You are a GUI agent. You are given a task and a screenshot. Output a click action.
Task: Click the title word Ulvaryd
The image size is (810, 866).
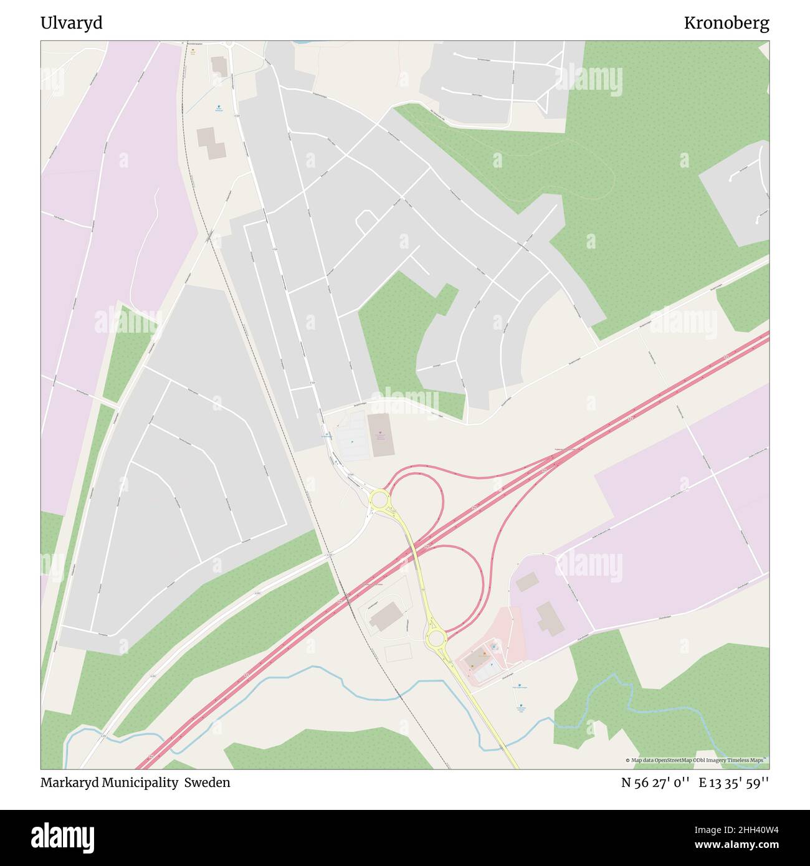click(x=71, y=23)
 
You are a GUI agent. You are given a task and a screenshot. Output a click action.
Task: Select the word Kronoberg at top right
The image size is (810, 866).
click(x=726, y=23)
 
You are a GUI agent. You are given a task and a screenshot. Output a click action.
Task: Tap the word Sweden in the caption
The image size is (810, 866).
click(x=209, y=783)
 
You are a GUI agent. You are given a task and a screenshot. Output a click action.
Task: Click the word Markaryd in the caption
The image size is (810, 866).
click(x=70, y=783)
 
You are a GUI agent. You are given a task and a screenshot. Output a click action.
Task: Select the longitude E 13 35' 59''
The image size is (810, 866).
click(x=733, y=783)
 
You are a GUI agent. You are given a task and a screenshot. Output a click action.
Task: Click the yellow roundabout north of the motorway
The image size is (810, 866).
click(x=379, y=498)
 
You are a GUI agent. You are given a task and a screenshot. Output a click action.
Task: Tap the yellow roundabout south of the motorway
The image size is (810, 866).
click(x=436, y=637)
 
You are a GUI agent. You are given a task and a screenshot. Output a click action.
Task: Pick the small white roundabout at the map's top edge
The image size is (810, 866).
click(x=229, y=44)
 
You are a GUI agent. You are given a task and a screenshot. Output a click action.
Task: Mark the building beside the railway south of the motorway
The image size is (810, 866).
click(x=385, y=615)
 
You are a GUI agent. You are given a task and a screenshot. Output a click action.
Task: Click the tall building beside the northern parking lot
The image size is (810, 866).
click(x=379, y=434)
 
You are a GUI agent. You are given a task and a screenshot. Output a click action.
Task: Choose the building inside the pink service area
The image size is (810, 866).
click(x=477, y=657)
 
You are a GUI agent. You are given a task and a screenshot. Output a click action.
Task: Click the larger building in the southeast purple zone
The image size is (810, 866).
click(x=550, y=618)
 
